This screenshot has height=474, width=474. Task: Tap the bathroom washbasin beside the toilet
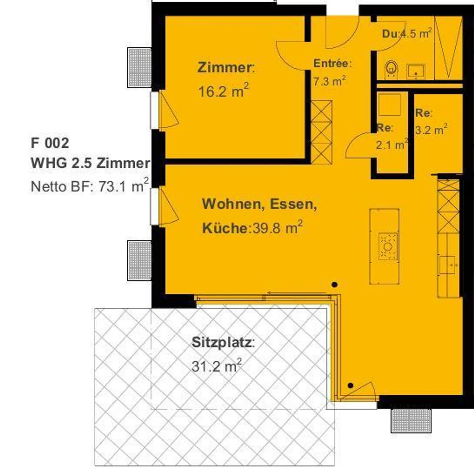click(x=416, y=71)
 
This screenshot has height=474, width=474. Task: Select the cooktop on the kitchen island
click(x=388, y=246)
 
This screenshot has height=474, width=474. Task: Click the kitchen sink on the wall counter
click(x=448, y=265)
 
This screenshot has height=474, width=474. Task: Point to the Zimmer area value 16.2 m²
click(x=223, y=91)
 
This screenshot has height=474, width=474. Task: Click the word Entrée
click(x=332, y=63)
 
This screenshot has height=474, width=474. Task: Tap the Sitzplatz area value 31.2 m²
click(x=217, y=366)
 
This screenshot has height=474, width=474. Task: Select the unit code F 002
click(x=50, y=143)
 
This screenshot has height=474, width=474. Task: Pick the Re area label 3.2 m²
click(x=431, y=130)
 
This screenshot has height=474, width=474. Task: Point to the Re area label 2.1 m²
click(x=392, y=145)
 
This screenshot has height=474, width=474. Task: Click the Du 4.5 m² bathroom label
click(x=407, y=34)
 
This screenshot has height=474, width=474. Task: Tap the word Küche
click(x=224, y=228)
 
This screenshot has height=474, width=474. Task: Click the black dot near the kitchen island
click(x=334, y=284)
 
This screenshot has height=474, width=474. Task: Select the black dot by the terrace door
click(x=351, y=385)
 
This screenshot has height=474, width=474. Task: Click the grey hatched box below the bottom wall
click(x=411, y=420)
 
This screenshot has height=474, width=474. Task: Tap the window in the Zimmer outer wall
click(x=154, y=110)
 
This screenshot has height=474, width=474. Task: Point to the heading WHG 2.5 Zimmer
click(x=90, y=163)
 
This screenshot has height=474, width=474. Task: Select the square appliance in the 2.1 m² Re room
click(x=389, y=104)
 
